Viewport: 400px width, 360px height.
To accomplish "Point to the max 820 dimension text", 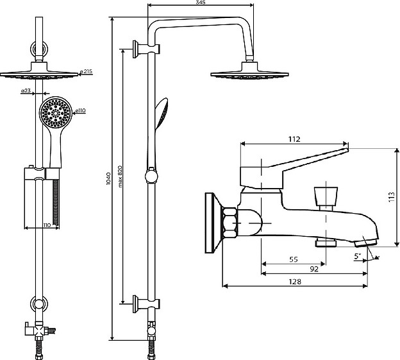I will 119,175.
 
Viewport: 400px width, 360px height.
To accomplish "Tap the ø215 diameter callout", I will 87,72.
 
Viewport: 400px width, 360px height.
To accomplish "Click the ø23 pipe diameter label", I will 27,91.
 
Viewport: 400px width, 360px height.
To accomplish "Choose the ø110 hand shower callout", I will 81,112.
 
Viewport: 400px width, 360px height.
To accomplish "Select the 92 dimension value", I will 314,269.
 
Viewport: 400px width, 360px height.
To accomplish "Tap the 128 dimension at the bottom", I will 296,281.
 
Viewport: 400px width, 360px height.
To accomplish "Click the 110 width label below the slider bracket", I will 46,224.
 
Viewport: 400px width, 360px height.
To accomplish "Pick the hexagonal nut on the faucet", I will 229,221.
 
